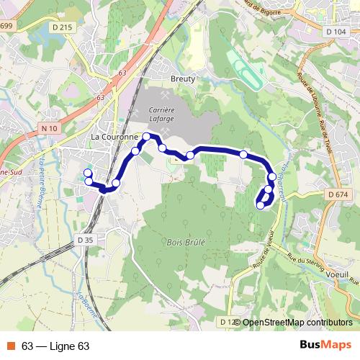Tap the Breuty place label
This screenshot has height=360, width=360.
pyautogui.click(x=183, y=79)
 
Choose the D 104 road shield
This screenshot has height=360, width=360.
pyautogui.click(x=336, y=32)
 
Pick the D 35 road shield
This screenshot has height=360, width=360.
pyautogui.click(x=84, y=240)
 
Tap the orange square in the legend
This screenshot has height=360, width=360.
pyautogui.click(x=12, y=346)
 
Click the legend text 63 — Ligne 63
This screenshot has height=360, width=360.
pyautogui.click(x=55, y=346)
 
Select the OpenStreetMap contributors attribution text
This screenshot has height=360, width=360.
pyautogui.click(x=297, y=323)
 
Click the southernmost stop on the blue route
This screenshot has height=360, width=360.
pyautogui.click(x=260, y=205)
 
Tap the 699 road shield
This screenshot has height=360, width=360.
pyautogui.click(x=6, y=27)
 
